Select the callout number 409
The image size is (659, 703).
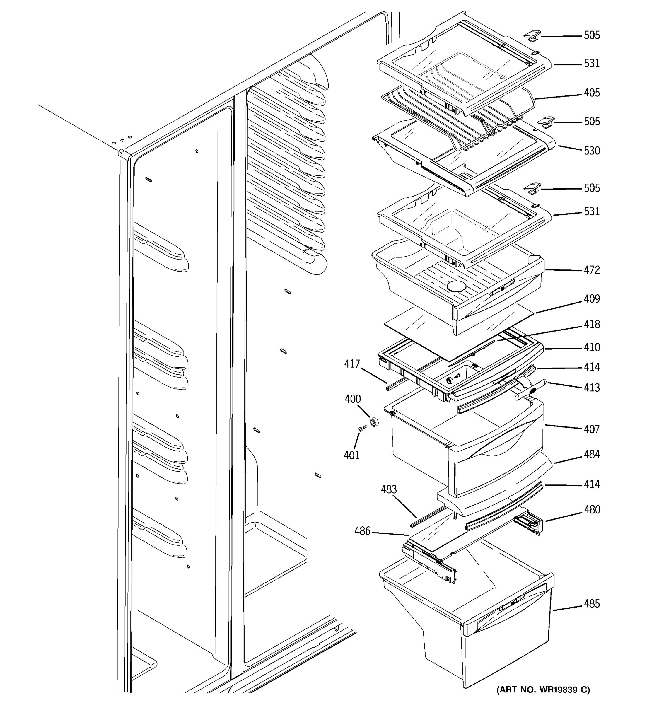pyautogui.click(x=591, y=299)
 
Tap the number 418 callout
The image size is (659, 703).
pyautogui.click(x=591, y=325)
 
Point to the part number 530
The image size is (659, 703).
pyautogui.click(x=591, y=151)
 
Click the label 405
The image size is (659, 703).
pyautogui.click(x=591, y=93)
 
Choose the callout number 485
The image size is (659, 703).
pyautogui.click(x=591, y=604)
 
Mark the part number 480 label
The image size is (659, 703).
pyautogui.click(x=591, y=510)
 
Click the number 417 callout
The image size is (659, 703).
pyautogui.click(x=352, y=364)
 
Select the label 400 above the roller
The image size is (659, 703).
pyautogui.click(x=352, y=399)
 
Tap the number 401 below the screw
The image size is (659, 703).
pyautogui.click(x=351, y=455)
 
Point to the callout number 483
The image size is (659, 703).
pyautogui.click(x=389, y=490)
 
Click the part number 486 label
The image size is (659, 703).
pyautogui.click(x=362, y=531)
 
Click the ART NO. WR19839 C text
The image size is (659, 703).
pyautogui.click(x=543, y=690)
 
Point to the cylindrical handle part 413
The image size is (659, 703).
pyautogui.click(x=530, y=391)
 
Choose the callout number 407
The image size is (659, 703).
pyautogui.click(x=591, y=429)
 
